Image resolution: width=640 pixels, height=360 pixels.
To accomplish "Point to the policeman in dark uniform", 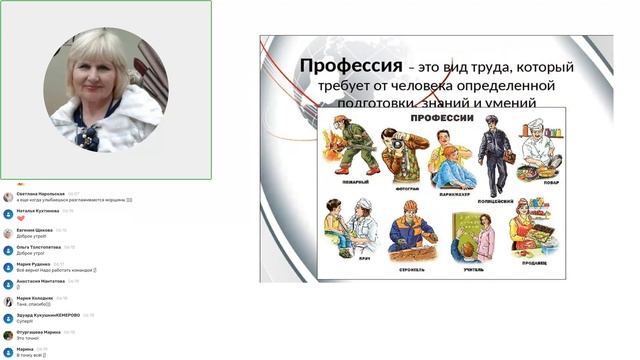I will [493, 153].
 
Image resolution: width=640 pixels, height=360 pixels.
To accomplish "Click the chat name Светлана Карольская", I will [41, 194].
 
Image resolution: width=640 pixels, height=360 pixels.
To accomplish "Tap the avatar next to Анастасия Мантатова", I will [8, 284].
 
